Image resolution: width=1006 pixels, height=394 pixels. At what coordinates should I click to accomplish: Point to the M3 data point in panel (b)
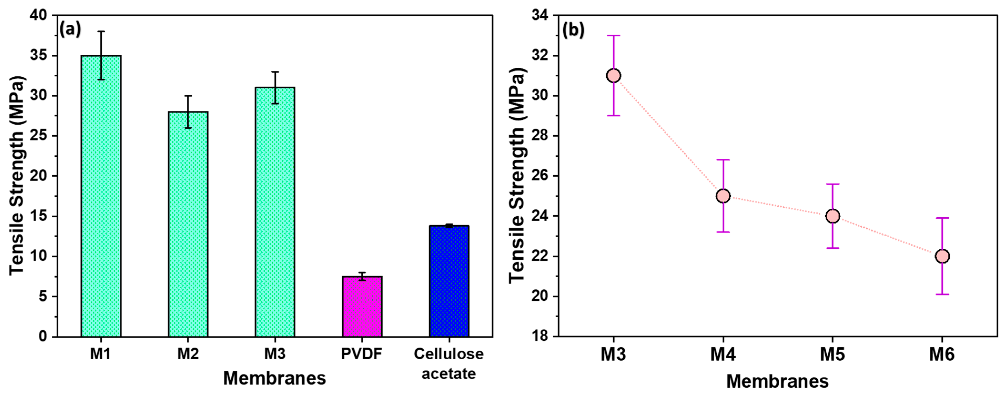click(x=613, y=76)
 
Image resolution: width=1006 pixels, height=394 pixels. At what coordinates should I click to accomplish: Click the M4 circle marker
click(x=723, y=196)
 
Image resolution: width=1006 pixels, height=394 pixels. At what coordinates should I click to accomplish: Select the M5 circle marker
click(x=833, y=216)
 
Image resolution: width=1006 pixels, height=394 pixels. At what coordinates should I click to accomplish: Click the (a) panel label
click(x=70, y=29)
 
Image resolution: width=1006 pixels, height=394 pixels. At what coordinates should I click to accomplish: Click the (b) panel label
click(x=573, y=30)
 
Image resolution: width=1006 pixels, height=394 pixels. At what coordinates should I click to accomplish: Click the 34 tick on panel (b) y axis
click(x=540, y=15)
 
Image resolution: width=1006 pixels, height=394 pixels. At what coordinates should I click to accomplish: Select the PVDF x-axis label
click(x=362, y=354)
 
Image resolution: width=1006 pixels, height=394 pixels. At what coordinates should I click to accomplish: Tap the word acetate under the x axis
click(x=449, y=374)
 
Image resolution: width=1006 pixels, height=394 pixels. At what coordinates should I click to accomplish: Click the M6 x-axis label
click(x=942, y=354)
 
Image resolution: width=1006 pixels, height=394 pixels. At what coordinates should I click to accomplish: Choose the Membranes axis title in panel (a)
click(x=275, y=378)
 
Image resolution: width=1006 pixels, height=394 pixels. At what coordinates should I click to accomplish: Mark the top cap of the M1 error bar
click(x=101, y=31)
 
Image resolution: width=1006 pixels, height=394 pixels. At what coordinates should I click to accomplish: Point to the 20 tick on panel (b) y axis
click(x=540, y=296)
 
